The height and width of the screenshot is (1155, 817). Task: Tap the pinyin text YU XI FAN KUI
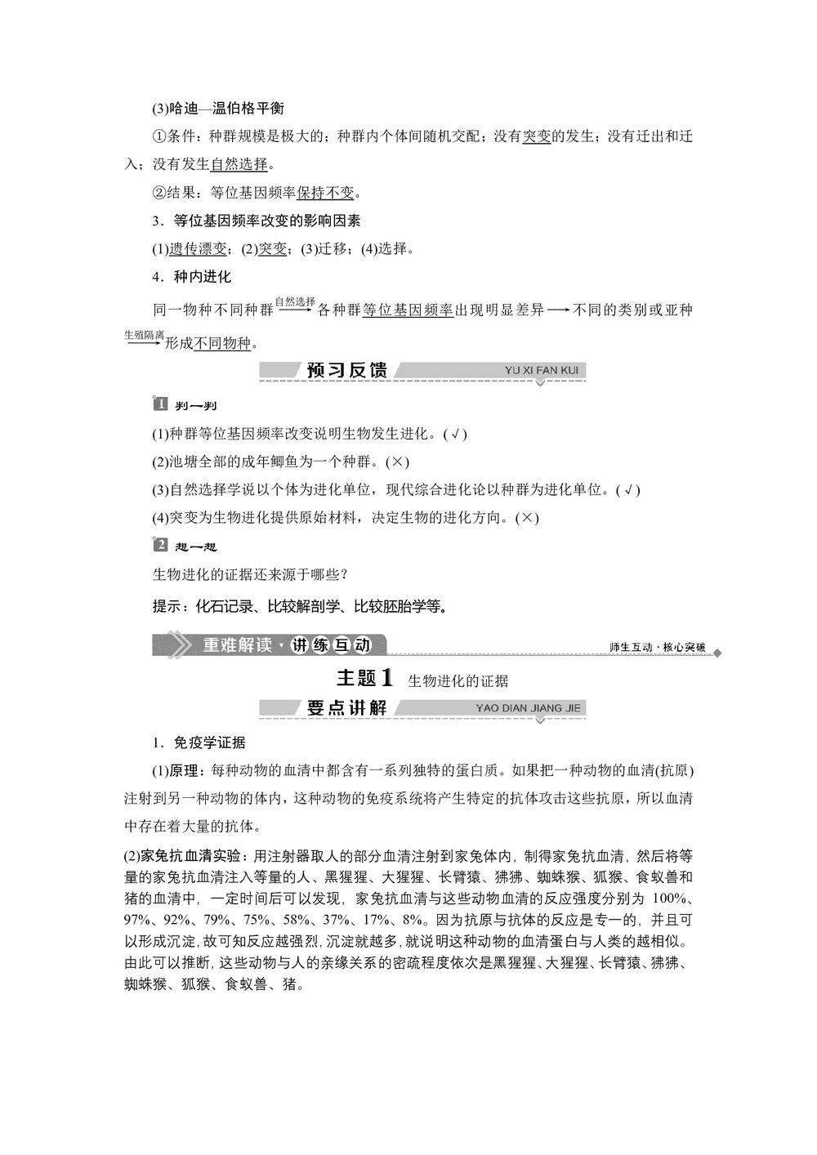coord(541,370)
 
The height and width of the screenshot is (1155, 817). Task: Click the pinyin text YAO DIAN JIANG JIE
coord(528,708)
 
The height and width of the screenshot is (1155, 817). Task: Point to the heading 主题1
coord(365,678)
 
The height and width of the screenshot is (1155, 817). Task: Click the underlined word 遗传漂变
coord(198,249)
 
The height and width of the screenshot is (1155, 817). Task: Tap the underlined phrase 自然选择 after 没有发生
coord(239,164)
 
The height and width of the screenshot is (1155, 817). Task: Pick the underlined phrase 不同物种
coord(222,343)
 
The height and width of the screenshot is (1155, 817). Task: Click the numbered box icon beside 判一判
coord(160,404)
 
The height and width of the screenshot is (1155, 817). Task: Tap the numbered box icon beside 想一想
coord(160,545)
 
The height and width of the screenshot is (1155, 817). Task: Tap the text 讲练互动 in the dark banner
coord(331,645)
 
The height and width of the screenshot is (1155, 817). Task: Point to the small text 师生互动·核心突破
coord(657,647)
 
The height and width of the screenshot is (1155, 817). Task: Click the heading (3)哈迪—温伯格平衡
coord(218,108)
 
